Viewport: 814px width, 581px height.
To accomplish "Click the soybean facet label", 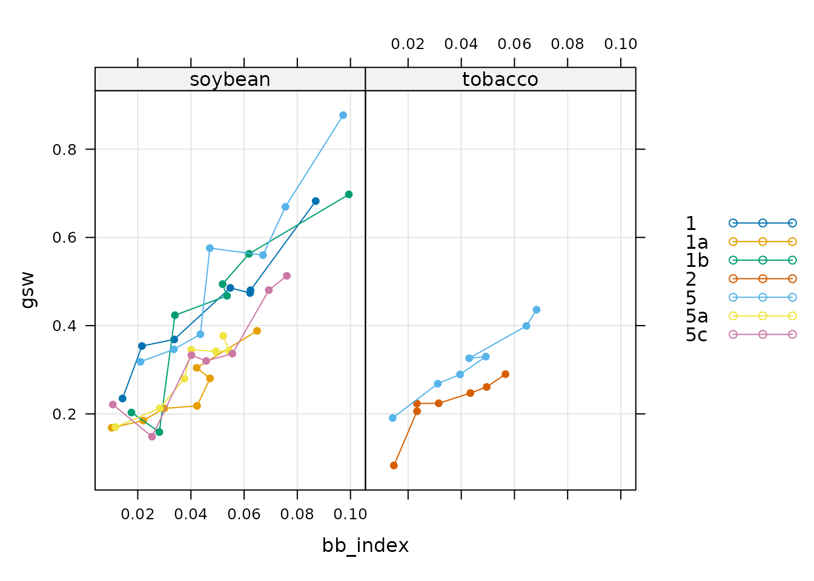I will click(230, 79).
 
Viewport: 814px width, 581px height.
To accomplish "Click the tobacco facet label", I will click(500, 79).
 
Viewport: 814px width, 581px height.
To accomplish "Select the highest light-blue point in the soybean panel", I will click(343, 115).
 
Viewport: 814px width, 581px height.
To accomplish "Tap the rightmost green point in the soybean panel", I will click(349, 194).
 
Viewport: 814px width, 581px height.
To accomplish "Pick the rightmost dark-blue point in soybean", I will click(316, 201).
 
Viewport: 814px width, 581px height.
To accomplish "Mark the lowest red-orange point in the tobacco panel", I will click(394, 465).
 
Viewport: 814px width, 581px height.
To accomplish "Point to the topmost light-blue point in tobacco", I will click(537, 310).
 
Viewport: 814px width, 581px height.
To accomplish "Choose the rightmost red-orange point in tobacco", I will click(506, 374).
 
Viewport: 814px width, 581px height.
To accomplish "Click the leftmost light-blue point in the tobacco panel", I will click(392, 418).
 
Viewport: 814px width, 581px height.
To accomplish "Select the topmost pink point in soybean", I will click(287, 276).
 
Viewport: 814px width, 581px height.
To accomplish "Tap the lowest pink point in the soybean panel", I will click(152, 437).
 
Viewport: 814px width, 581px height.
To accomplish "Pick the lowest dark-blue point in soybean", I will click(122, 398).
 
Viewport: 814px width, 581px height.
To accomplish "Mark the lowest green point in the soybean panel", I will click(159, 432).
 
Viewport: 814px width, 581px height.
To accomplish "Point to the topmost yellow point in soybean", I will click(223, 336).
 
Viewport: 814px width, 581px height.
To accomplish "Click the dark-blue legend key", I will click(763, 223).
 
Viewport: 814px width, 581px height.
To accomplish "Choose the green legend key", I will click(763, 260).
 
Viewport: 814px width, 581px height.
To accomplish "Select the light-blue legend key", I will click(763, 297).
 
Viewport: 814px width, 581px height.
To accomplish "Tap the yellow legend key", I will click(763, 315).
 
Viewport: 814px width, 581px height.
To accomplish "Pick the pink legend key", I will click(763, 334).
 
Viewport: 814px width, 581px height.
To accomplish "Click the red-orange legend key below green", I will click(763, 279).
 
